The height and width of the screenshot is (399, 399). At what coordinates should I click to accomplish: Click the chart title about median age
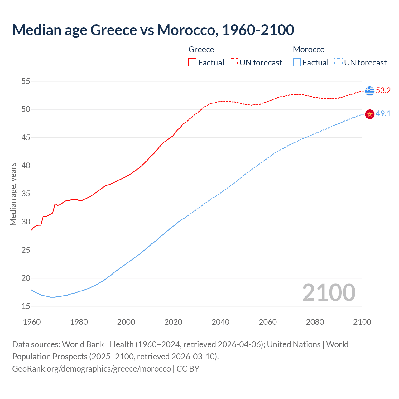coord(153,30)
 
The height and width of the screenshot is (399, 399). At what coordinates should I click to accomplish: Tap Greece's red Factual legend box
coord(192,62)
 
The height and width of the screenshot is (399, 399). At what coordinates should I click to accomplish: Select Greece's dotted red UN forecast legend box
coord(234,62)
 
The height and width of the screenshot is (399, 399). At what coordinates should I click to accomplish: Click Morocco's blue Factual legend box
coord(297,62)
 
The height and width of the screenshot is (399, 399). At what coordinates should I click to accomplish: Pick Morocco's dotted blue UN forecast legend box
coord(339,62)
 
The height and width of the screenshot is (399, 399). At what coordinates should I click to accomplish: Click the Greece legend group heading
coord(201,50)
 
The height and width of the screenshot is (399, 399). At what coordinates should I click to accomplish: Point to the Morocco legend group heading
coord(309,50)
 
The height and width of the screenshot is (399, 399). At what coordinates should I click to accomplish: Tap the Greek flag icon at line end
coord(370,91)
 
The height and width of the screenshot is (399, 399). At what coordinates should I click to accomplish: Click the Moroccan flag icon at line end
coord(370,114)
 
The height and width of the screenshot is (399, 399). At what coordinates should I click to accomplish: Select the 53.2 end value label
coord(383,91)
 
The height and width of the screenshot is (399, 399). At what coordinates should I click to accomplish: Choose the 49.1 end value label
coord(383,114)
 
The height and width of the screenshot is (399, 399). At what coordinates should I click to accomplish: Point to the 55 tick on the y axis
coord(26,81)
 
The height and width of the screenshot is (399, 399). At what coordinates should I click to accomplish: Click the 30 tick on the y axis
coord(26,222)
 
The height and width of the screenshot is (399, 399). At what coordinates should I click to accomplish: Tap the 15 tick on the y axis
coord(26,306)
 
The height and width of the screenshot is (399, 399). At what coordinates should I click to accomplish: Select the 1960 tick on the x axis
coord(32,322)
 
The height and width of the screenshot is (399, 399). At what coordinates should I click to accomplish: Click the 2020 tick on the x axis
coord(173,322)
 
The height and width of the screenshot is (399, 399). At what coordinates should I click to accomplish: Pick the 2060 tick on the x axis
coord(268,322)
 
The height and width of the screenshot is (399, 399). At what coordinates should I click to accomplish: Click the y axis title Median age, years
coord(13,194)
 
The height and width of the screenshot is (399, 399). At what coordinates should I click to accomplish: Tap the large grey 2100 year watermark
coord(329,293)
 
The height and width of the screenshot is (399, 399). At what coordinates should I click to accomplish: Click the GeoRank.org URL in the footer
coord(91,369)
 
